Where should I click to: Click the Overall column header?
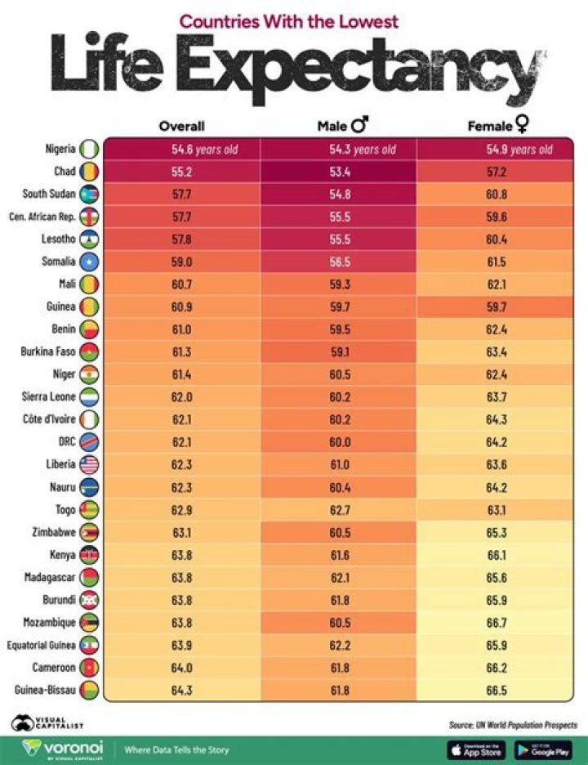point(181,126)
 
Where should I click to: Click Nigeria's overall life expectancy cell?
point(181,150)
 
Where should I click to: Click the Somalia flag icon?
point(89,262)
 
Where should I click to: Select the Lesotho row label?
point(58,239)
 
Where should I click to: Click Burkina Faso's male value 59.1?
point(340,352)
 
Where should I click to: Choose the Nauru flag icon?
point(89,487)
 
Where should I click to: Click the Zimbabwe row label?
point(54,533)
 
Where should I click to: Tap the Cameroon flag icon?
point(89,668)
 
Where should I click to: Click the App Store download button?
point(476,749)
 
